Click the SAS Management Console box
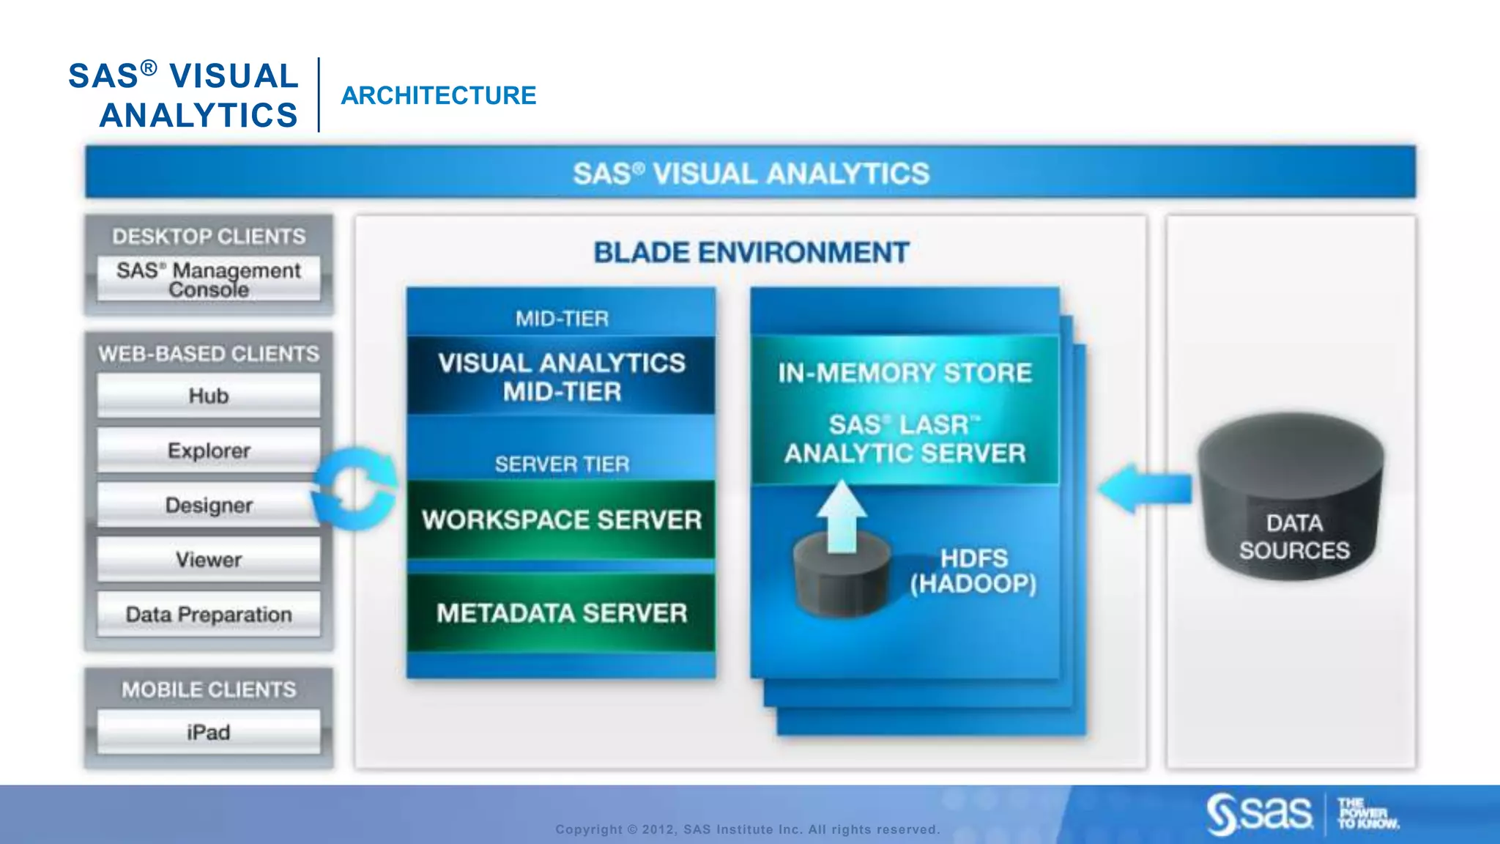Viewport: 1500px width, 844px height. tap(209, 278)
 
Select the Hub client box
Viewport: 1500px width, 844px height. tap(209, 396)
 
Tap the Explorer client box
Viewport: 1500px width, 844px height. tap(209, 450)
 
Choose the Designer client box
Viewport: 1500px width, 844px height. tap(209, 505)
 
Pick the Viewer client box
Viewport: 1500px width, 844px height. tap(209, 560)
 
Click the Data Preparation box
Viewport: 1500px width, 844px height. tap(209, 614)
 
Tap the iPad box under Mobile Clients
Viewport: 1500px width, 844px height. tap(209, 732)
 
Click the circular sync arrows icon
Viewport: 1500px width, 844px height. tap(354, 488)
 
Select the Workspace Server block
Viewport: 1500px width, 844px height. tap(561, 519)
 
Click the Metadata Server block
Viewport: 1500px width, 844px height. tap(561, 612)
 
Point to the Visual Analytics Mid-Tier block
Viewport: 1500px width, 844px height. tap(561, 377)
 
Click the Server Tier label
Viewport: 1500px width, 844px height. tap(562, 464)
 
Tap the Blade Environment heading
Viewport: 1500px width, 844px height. tap(751, 253)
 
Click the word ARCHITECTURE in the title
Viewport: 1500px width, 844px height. tap(438, 95)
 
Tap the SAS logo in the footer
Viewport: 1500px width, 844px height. tap(1260, 813)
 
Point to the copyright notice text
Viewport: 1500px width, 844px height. tap(747, 829)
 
